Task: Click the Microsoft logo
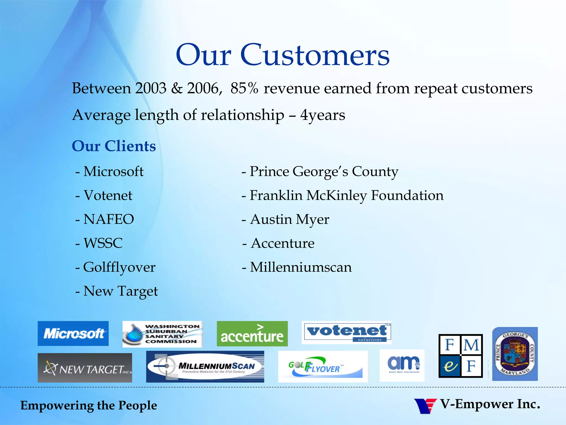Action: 73,333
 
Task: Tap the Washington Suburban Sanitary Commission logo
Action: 163,334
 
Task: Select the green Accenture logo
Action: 252,334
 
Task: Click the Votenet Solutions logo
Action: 347,333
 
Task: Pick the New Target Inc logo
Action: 85,368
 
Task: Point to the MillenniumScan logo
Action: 205,367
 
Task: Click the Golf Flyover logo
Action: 323,367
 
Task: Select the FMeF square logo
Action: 460,356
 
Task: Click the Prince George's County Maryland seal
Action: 515,354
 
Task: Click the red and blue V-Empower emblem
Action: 425,406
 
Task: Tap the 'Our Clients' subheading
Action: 114,146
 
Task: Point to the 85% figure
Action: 244,88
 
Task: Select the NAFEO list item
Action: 109,219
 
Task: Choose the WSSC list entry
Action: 103,243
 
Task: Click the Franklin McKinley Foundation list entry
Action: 346,195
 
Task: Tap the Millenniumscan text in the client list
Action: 301,267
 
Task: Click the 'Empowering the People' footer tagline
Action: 89,405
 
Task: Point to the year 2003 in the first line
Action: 151,88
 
